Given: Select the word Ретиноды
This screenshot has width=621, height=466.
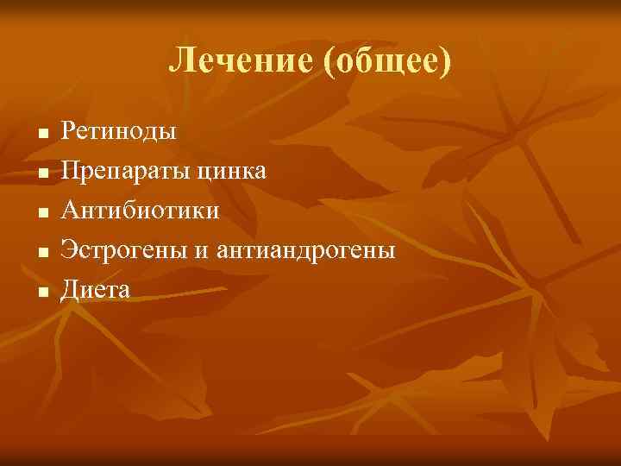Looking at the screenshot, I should click(x=119, y=131).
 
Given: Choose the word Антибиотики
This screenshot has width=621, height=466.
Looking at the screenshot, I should click(x=140, y=211).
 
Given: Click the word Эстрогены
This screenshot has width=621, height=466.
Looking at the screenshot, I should click(x=122, y=250).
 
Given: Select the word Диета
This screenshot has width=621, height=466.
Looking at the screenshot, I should click(x=95, y=290).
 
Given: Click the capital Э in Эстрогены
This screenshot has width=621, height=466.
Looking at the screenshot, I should click(x=68, y=250).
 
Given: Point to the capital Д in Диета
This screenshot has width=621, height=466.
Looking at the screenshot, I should click(x=69, y=290).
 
